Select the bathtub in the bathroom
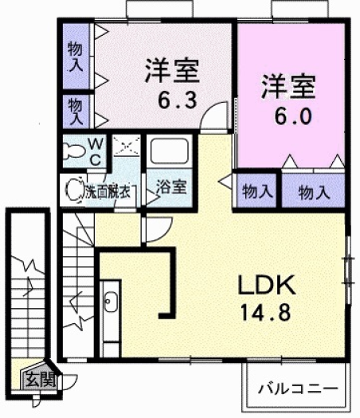(168, 154)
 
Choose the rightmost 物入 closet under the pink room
(314, 191)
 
